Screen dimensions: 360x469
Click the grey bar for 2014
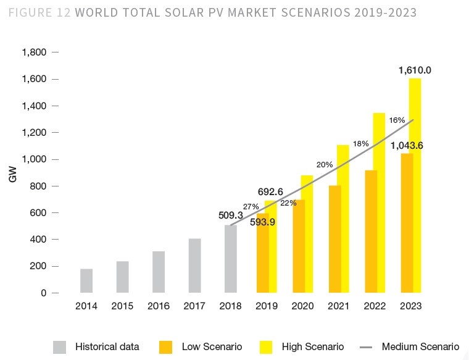(x=86, y=280)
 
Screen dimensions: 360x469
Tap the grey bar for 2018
(x=230, y=259)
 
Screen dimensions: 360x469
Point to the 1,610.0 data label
(x=415, y=70)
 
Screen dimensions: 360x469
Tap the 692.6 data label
(x=270, y=192)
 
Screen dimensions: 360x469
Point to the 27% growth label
(x=251, y=206)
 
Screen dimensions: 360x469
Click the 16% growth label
(x=397, y=120)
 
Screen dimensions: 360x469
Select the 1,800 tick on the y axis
(x=35, y=52)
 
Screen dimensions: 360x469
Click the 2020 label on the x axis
(x=302, y=306)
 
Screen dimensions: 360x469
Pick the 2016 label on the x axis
(x=159, y=306)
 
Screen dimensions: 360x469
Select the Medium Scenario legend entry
(x=420, y=346)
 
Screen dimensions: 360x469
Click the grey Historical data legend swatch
(x=59, y=346)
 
